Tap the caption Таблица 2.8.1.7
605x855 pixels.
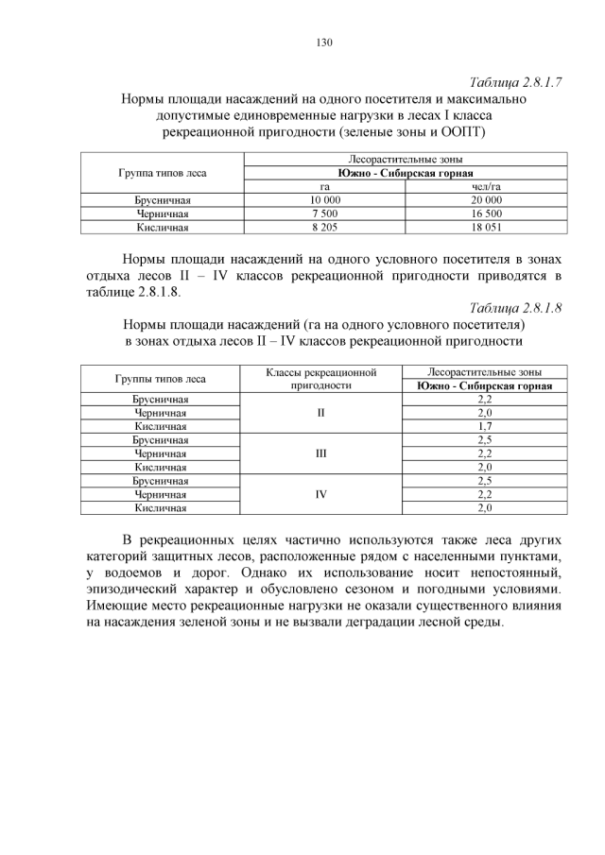[x=515, y=81]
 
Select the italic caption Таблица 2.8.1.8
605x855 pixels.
[x=515, y=308]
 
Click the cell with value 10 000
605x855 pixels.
[x=324, y=200]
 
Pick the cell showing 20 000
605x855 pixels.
[x=486, y=200]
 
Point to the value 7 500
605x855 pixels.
[x=324, y=214]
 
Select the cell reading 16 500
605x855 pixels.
[x=486, y=214]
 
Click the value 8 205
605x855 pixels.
[x=324, y=227]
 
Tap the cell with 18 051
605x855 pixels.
[x=486, y=227]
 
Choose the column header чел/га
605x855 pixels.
[x=486, y=187]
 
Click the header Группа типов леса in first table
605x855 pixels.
[x=162, y=174]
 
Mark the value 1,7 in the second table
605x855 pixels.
[x=485, y=427]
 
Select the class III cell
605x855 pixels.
[x=321, y=453]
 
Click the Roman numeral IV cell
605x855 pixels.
[x=321, y=494]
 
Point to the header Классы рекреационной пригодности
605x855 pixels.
[x=321, y=379]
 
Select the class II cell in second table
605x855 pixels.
[x=321, y=413]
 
